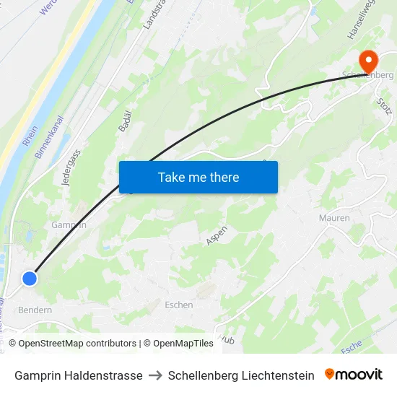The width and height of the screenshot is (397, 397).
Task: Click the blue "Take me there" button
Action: pyautogui.click(x=198, y=177)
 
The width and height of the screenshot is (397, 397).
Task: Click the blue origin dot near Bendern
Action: pyautogui.click(x=30, y=278)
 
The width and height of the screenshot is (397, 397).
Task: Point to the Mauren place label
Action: pyautogui.click(x=334, y=218)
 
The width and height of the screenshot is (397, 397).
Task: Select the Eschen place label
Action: pyautogui.click(x=178, y=305)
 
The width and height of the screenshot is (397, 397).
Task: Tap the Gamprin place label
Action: pyautogui.click(x=69, y=224)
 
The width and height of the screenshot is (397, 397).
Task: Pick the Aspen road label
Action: pyautogui.click(x=217, y=235)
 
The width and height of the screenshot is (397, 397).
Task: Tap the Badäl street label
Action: pyautogui.click(x=123, y=116)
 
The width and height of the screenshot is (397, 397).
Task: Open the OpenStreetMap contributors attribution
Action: pyautogui.click(x=72, y=344)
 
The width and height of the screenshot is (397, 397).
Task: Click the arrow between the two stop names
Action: pyautogui.click(x=155, y=375)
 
